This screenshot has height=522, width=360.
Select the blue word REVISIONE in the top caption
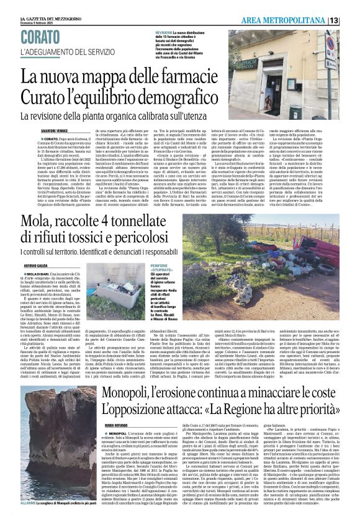point(164,32)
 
